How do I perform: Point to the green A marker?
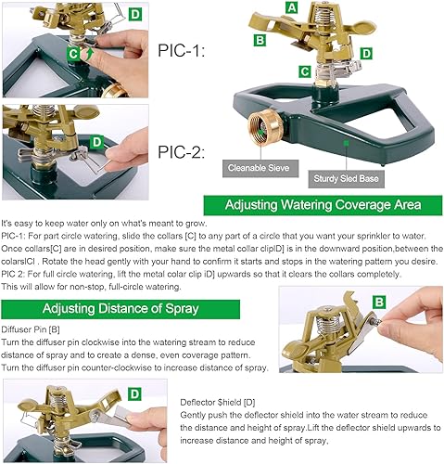click(x=291, y=8)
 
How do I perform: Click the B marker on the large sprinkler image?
click(x=260, y=39)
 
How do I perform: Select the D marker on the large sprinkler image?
click(x=366, y=54)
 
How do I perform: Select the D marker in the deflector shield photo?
click(x=134, y=393)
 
